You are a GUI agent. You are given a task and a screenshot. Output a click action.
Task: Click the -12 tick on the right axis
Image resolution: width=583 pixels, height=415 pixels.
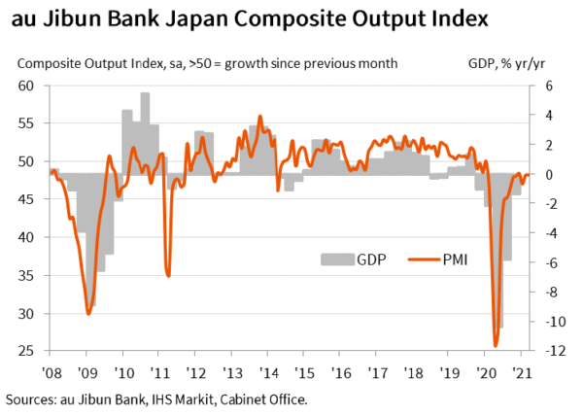tap(549, 351)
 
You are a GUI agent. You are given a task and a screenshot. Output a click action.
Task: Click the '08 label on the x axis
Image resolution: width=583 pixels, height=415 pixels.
tap(50, 373)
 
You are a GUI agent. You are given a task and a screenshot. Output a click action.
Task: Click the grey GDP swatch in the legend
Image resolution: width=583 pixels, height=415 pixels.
tap(336, 259)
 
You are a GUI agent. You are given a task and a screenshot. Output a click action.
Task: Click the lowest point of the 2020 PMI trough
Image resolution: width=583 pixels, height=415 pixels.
tap(496, 345)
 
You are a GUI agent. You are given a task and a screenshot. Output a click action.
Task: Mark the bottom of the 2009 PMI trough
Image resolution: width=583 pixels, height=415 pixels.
tap(88, 313)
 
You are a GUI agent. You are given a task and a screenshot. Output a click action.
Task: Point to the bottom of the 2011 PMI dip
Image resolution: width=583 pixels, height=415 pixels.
tap(168, 275)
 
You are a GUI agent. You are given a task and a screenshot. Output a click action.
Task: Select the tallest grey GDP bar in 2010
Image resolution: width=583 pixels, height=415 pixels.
tap(145, 94)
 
